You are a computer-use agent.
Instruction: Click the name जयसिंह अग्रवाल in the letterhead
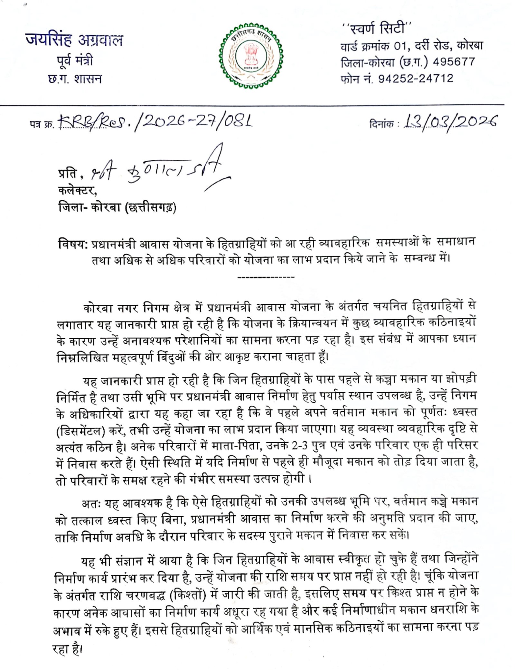pos(74,40)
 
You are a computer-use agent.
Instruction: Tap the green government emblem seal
pos(251,55)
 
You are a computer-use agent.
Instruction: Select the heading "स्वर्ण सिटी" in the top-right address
pos(377,28)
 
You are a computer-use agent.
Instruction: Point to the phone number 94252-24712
pos(416,78)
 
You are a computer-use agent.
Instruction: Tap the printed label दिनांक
pos(381,124)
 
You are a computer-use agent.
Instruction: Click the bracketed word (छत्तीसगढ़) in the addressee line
pos(152,208)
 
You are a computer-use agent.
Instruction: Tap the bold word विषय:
pos(73,244)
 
